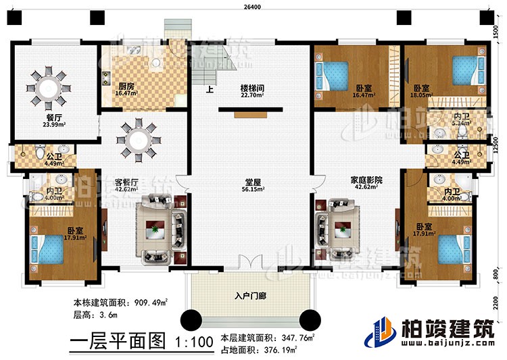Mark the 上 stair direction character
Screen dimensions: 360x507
pos(210,87)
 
